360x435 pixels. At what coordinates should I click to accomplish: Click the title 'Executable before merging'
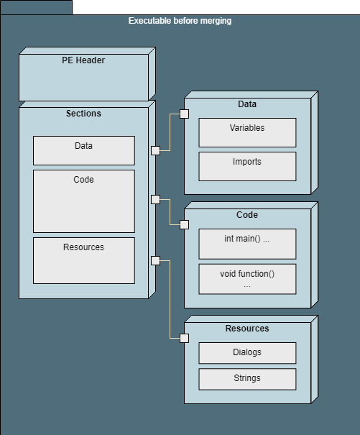[180, 21]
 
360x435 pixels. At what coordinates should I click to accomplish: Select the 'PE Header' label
[83, 60]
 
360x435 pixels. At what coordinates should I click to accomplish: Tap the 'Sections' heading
[83, 114]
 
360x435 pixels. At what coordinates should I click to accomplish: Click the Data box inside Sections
[84, 151]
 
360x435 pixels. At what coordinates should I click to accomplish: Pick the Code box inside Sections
[84, 201]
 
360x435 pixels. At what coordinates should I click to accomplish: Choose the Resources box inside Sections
[84, 260]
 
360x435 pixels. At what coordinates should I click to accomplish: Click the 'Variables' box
[247, 132]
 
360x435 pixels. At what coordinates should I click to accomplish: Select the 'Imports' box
[247, 167]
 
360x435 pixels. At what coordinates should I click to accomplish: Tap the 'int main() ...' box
[247, 244]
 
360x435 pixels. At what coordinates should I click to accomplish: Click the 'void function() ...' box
[247, 279]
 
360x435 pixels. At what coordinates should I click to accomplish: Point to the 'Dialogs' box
[247, 353]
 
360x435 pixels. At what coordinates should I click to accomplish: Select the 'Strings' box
[247, 379]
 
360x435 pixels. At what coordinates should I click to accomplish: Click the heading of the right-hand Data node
[247, 104]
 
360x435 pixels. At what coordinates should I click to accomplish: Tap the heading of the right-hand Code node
[247, 215]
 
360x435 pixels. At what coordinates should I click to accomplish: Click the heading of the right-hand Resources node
[247, 329]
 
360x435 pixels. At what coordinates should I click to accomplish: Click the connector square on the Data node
[185, 114]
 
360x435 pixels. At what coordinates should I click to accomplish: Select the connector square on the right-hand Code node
[185, 225]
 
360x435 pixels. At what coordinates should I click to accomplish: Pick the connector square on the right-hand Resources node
[185, 338]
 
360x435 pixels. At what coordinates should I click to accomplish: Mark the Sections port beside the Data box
[156, 151]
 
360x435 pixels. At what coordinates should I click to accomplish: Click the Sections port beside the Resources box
[156, 260]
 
